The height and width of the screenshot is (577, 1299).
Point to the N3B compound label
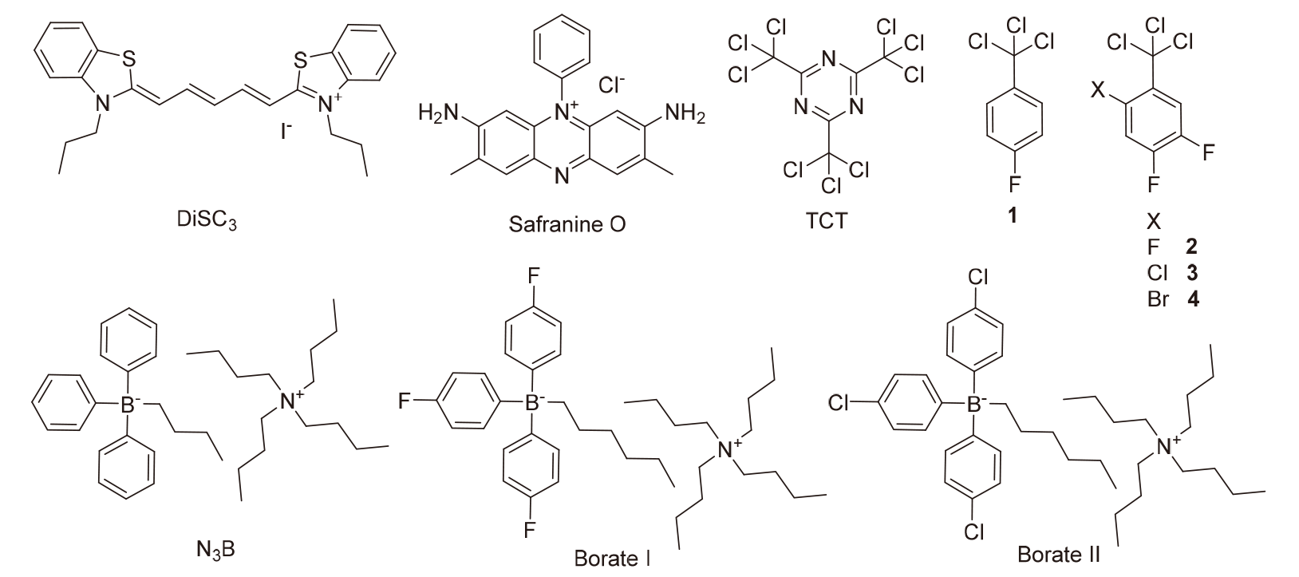(219, 549)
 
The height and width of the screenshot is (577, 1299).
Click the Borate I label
(612, 557)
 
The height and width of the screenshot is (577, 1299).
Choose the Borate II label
(1059, 553)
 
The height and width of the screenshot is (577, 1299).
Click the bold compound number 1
(1012, 215)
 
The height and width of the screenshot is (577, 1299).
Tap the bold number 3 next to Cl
(1192, 273)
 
